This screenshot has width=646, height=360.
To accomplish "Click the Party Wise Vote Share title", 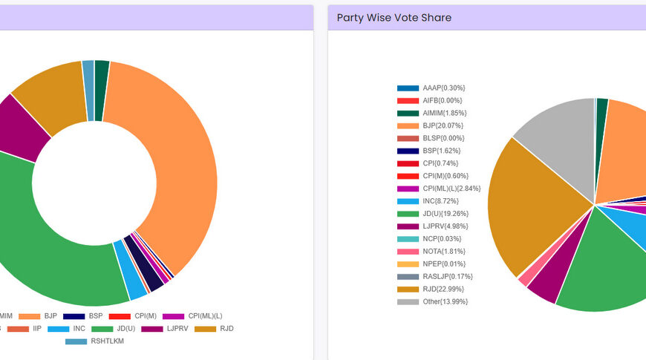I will [394, 18].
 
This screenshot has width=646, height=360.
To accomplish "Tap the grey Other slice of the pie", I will [557, 130].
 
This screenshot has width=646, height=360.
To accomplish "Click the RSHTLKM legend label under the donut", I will [108, 341].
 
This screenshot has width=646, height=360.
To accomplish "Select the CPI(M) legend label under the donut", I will [146, 316].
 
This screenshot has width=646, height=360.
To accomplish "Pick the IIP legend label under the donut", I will [36, 328].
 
